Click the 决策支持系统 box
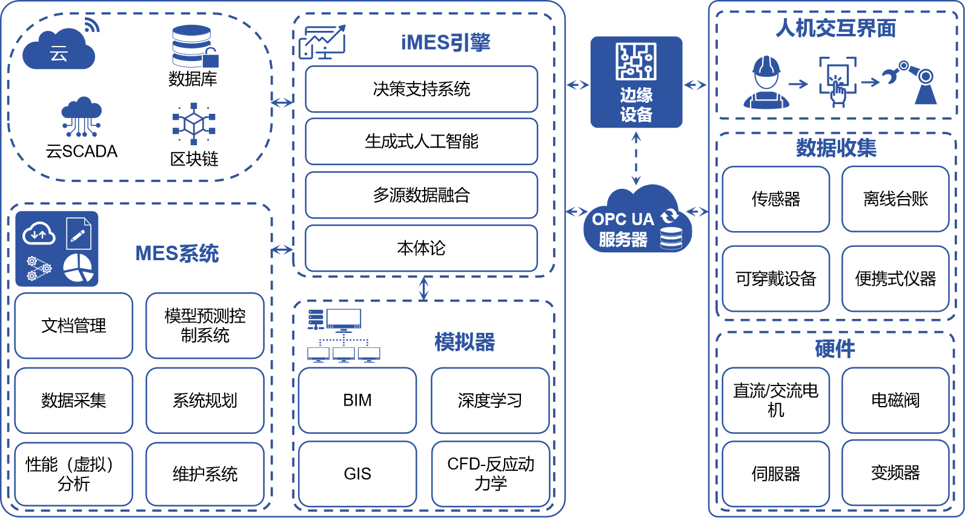point(421,89)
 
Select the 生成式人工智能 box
point(421,142)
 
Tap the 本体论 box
point(421,248)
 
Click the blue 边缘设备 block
point(636,82)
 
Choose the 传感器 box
point(775,199)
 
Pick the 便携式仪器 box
point(895,278)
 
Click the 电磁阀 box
point(895,400)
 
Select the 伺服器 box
point(775,473)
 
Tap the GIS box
point(357,474)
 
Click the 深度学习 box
point(489,401)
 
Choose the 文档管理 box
point(73,326)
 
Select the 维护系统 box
point(205,474)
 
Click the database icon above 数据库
point(193,46)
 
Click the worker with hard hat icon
point(766,82)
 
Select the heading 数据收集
point(836,148)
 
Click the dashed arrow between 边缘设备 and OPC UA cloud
point(636,159)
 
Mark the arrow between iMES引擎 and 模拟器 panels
point(423,288)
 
